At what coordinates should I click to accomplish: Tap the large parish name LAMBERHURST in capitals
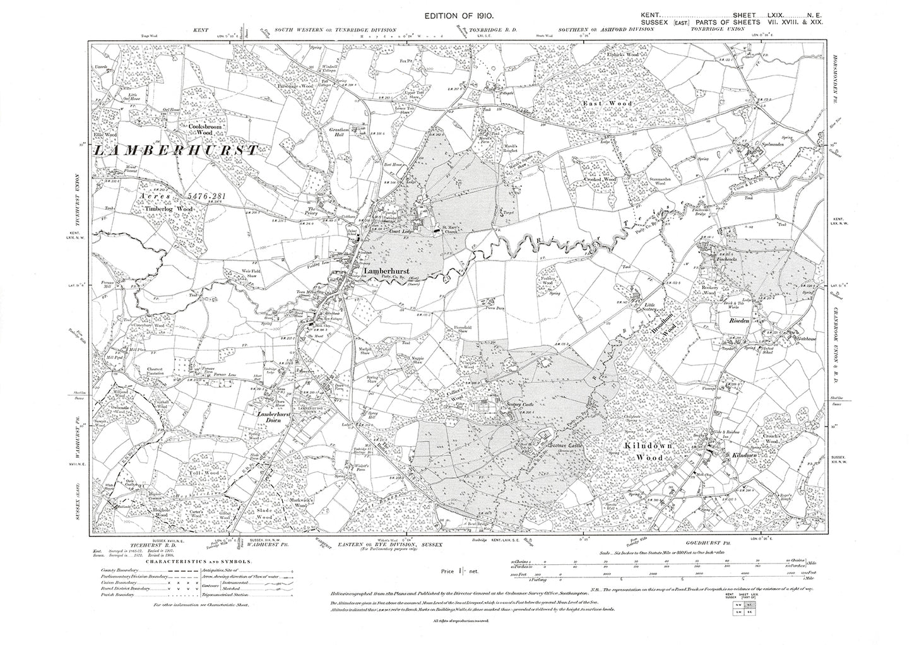tap(175, 150)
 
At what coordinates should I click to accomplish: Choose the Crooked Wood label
tap(600, 180)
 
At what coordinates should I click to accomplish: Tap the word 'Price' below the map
tap(452, 571)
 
